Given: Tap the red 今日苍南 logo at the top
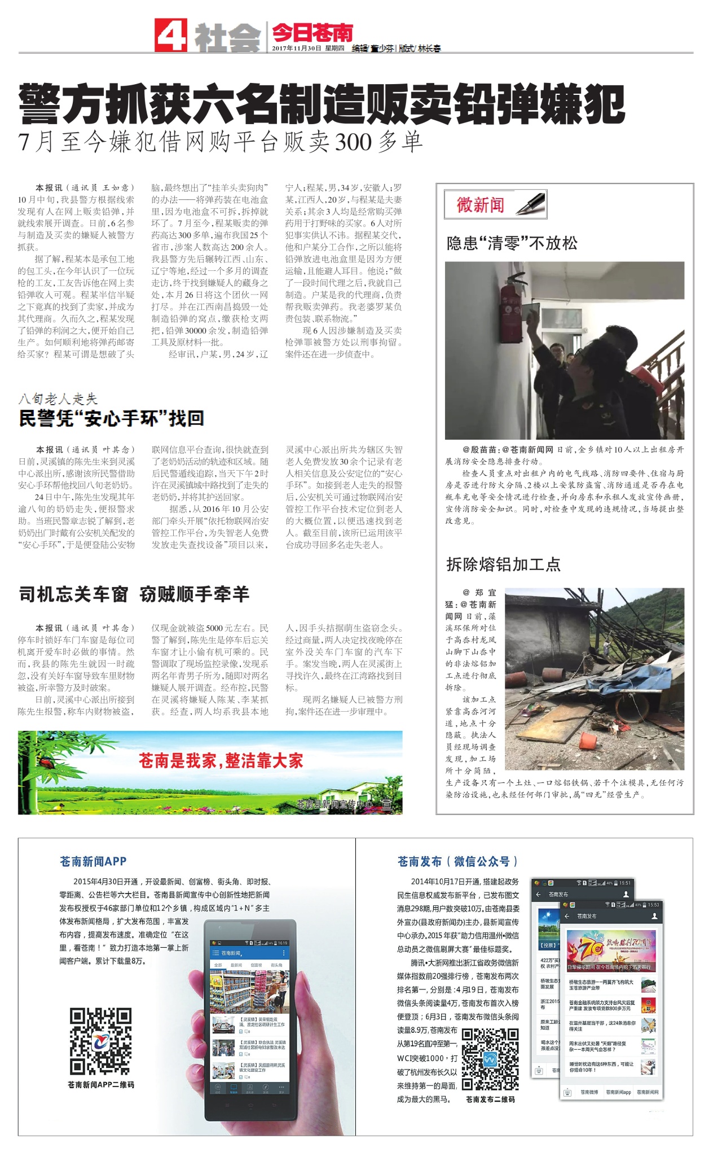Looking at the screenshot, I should (312, 33).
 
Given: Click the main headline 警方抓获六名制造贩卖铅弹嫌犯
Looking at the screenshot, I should (322, 104).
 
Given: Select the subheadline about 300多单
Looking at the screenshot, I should (221, 142).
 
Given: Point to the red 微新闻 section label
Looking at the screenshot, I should (480, 204).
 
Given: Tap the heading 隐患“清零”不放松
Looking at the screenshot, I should (512, 243).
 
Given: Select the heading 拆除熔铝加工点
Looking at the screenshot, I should (503, 564).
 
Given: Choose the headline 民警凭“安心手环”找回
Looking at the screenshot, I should (111, 418).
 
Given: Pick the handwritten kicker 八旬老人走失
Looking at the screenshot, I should (58, 399).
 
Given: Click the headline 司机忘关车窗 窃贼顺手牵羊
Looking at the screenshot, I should (134, 594).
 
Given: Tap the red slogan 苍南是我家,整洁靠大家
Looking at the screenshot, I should (221, 761).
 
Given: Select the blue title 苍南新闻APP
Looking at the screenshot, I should (93, 861).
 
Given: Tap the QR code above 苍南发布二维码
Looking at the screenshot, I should (490, 1059).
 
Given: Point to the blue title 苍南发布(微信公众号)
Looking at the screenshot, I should (457, 861).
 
